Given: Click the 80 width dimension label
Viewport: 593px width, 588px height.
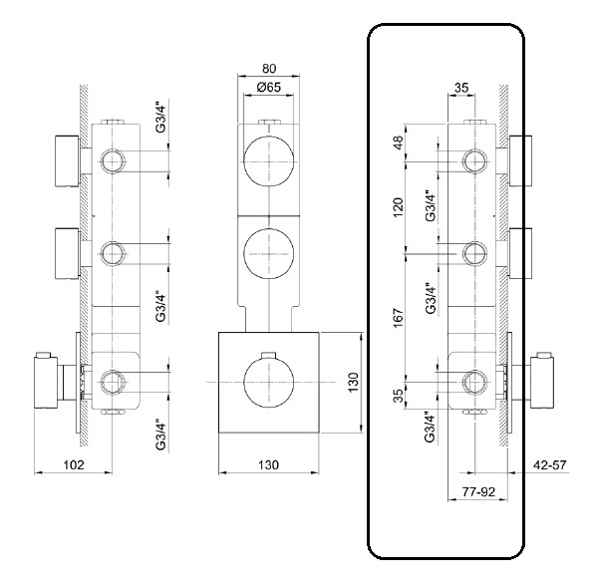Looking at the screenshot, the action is [269, 69].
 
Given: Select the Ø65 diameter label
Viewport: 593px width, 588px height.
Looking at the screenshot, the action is [268, 88].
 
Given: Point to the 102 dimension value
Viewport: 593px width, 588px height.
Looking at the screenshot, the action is [74, 464].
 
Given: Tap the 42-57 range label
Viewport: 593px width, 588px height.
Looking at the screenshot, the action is [550, 464].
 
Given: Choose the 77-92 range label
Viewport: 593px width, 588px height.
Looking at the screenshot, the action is [478, 492].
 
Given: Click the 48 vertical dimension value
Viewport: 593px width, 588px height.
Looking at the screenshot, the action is [399, 143].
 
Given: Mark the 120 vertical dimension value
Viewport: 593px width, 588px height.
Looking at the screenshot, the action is [399, 207].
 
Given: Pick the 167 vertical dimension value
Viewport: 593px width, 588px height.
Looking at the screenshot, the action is [399, 318].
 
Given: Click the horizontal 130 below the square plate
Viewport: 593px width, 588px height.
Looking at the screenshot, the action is [268, 464].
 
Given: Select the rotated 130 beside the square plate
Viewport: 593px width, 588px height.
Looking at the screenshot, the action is [353, 383].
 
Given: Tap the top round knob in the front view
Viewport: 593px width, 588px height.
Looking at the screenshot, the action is [268, 161].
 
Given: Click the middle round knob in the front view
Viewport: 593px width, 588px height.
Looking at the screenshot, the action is [268, 254].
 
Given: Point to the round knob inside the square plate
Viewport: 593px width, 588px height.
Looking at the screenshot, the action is [268, 383].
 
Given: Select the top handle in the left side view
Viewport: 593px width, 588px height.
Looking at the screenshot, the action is [67, 161].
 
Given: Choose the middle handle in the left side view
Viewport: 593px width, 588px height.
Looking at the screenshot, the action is [67, 254].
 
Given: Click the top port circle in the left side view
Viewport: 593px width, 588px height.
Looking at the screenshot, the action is [113, 161].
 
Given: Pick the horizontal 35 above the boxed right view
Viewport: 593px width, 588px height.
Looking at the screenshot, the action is [461, 88].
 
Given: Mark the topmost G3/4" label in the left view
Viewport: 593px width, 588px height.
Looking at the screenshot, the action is [160, 116].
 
